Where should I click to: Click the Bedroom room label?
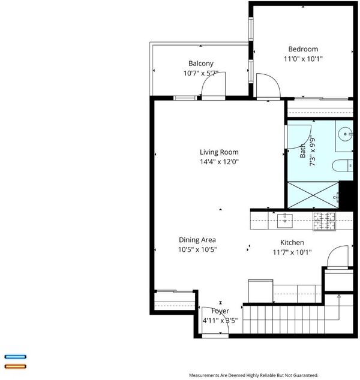303,49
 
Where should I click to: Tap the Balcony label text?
201,64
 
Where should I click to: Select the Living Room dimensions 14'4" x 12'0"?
219,162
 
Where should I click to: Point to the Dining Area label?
197,240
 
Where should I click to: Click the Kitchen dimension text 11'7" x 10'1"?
292,252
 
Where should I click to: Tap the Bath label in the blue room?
302,150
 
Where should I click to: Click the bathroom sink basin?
345,134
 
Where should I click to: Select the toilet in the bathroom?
343,166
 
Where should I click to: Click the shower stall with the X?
313,195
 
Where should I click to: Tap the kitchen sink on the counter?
285,221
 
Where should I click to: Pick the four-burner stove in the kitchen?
324,221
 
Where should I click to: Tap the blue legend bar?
15,357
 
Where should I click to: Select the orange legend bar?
15,366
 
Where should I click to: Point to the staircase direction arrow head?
339,296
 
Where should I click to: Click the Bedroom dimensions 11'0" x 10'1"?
303,59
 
